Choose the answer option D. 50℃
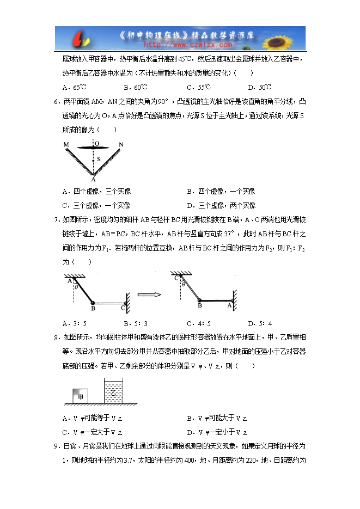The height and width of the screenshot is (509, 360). coord(259,87)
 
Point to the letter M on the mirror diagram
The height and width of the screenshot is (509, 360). coord(65,144)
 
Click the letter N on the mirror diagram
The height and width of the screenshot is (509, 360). coord(121,144)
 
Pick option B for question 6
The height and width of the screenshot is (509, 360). coord(221,191)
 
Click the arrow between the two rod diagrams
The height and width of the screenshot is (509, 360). coord(149,295)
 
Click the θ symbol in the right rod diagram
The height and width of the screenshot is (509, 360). coord(183,284)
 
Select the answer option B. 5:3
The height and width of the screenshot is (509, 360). coord(137,323)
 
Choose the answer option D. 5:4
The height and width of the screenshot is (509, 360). coord(260,323)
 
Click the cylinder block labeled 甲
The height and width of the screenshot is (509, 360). coord(81,397)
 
